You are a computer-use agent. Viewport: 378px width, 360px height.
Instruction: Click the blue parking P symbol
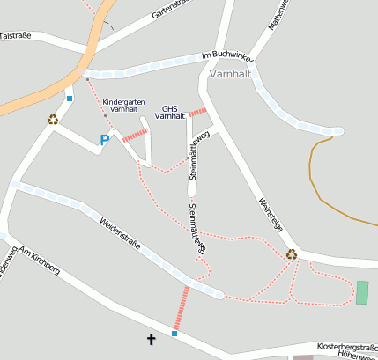105,140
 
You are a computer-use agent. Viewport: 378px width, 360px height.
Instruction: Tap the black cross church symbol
151,338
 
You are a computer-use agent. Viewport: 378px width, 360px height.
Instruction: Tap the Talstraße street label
16,36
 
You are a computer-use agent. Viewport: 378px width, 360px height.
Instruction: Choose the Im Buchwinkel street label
227,55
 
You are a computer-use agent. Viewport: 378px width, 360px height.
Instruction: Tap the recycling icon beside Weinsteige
291,254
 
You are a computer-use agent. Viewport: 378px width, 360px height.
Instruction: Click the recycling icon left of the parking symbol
53,120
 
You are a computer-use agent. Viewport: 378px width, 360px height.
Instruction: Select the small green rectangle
362,293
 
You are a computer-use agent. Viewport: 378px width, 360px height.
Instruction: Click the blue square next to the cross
174,334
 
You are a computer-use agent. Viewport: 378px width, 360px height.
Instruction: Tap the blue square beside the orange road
70,98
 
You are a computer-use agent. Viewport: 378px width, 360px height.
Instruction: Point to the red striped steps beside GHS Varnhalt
198,113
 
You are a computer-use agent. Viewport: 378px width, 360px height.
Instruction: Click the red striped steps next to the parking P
135,135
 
